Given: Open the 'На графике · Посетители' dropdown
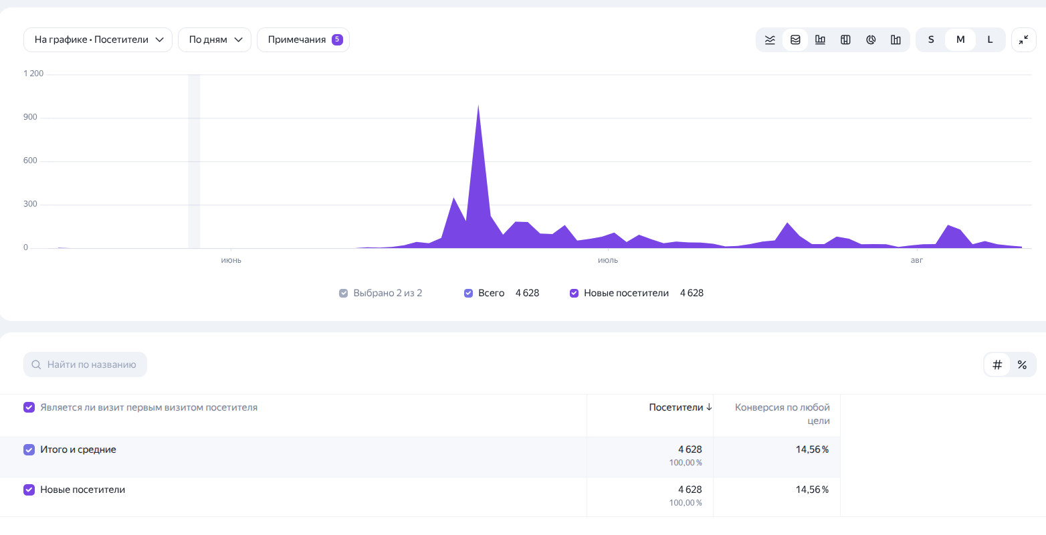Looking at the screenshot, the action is pos(98,39).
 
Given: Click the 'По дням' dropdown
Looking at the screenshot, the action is pos(215,39).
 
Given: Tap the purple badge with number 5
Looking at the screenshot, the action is pos(337,39).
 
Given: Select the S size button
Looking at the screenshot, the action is pos(931,39).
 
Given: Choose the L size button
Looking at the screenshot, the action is pos(990,39).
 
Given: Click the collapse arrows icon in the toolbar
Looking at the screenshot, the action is pos(1023,39).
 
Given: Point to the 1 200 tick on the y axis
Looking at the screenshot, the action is pos(33,74).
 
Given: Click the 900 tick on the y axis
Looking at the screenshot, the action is pos(30,117).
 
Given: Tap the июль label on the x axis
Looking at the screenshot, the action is pos(608,260).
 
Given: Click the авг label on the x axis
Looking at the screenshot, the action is pos(917,260).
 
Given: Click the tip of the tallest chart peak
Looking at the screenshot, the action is pos(478,106).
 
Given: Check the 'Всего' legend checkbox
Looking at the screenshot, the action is pos(468,293).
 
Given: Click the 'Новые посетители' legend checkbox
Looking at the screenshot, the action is pos(574,293).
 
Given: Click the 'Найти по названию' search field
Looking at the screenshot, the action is pos(85,364).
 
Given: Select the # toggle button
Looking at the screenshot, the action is pos(997,364).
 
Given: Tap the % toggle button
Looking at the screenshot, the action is pos(1022,364).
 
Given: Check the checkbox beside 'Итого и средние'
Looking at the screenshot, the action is pos(29,449).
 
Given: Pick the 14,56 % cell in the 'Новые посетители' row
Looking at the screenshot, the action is pos(812,490).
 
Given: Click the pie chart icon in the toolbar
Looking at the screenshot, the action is pos(870,39).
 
